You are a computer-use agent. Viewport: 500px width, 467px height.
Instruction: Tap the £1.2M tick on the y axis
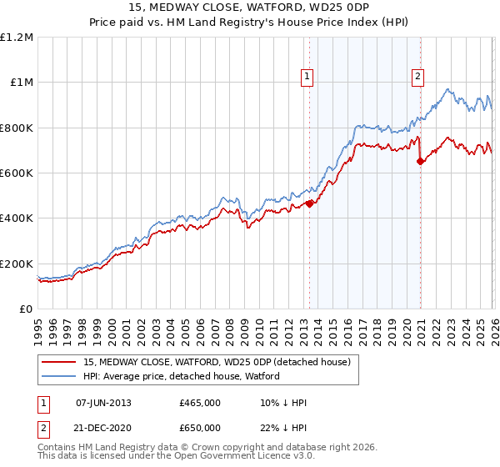pyautogui.click(x=17, y=38)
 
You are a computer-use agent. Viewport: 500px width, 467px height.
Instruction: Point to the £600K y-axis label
pyautogui.click(x=17, y=173)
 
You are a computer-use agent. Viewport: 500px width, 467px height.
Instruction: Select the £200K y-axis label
pyautogui.click(x=17, y=264)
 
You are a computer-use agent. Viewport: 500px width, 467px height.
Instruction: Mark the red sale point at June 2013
pyautogui.click(x=309, y=203)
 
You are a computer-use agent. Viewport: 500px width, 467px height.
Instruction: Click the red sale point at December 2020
pyautogui.click(x=420, y=162)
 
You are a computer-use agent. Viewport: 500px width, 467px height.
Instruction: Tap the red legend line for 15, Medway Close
pyautogui.click(x=60, y=362)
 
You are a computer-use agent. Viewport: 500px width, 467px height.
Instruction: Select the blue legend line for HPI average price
pyautogui.click(x=60, y=376)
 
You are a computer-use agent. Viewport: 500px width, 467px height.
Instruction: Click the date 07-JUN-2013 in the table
pyautogui.click(x=103, y=402)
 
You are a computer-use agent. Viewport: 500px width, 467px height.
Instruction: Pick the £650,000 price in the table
pyautogui.click(x=200, y=427)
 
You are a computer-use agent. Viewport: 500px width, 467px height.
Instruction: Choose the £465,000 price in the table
pyautogui.click(x=200, y=402)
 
